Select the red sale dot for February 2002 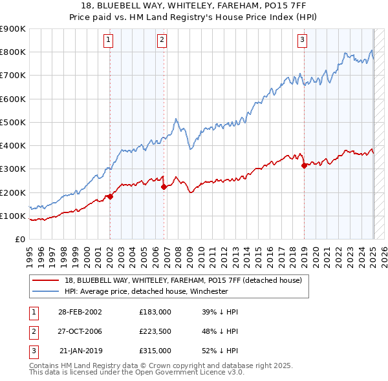pos(110,196)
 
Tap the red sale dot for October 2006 pos(164,187)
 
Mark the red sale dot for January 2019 pos(304,165)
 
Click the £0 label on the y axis pos(20,240)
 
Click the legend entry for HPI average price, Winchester pos(156,291)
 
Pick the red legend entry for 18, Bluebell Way pos(188,280)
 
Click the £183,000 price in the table pos(155,311)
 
